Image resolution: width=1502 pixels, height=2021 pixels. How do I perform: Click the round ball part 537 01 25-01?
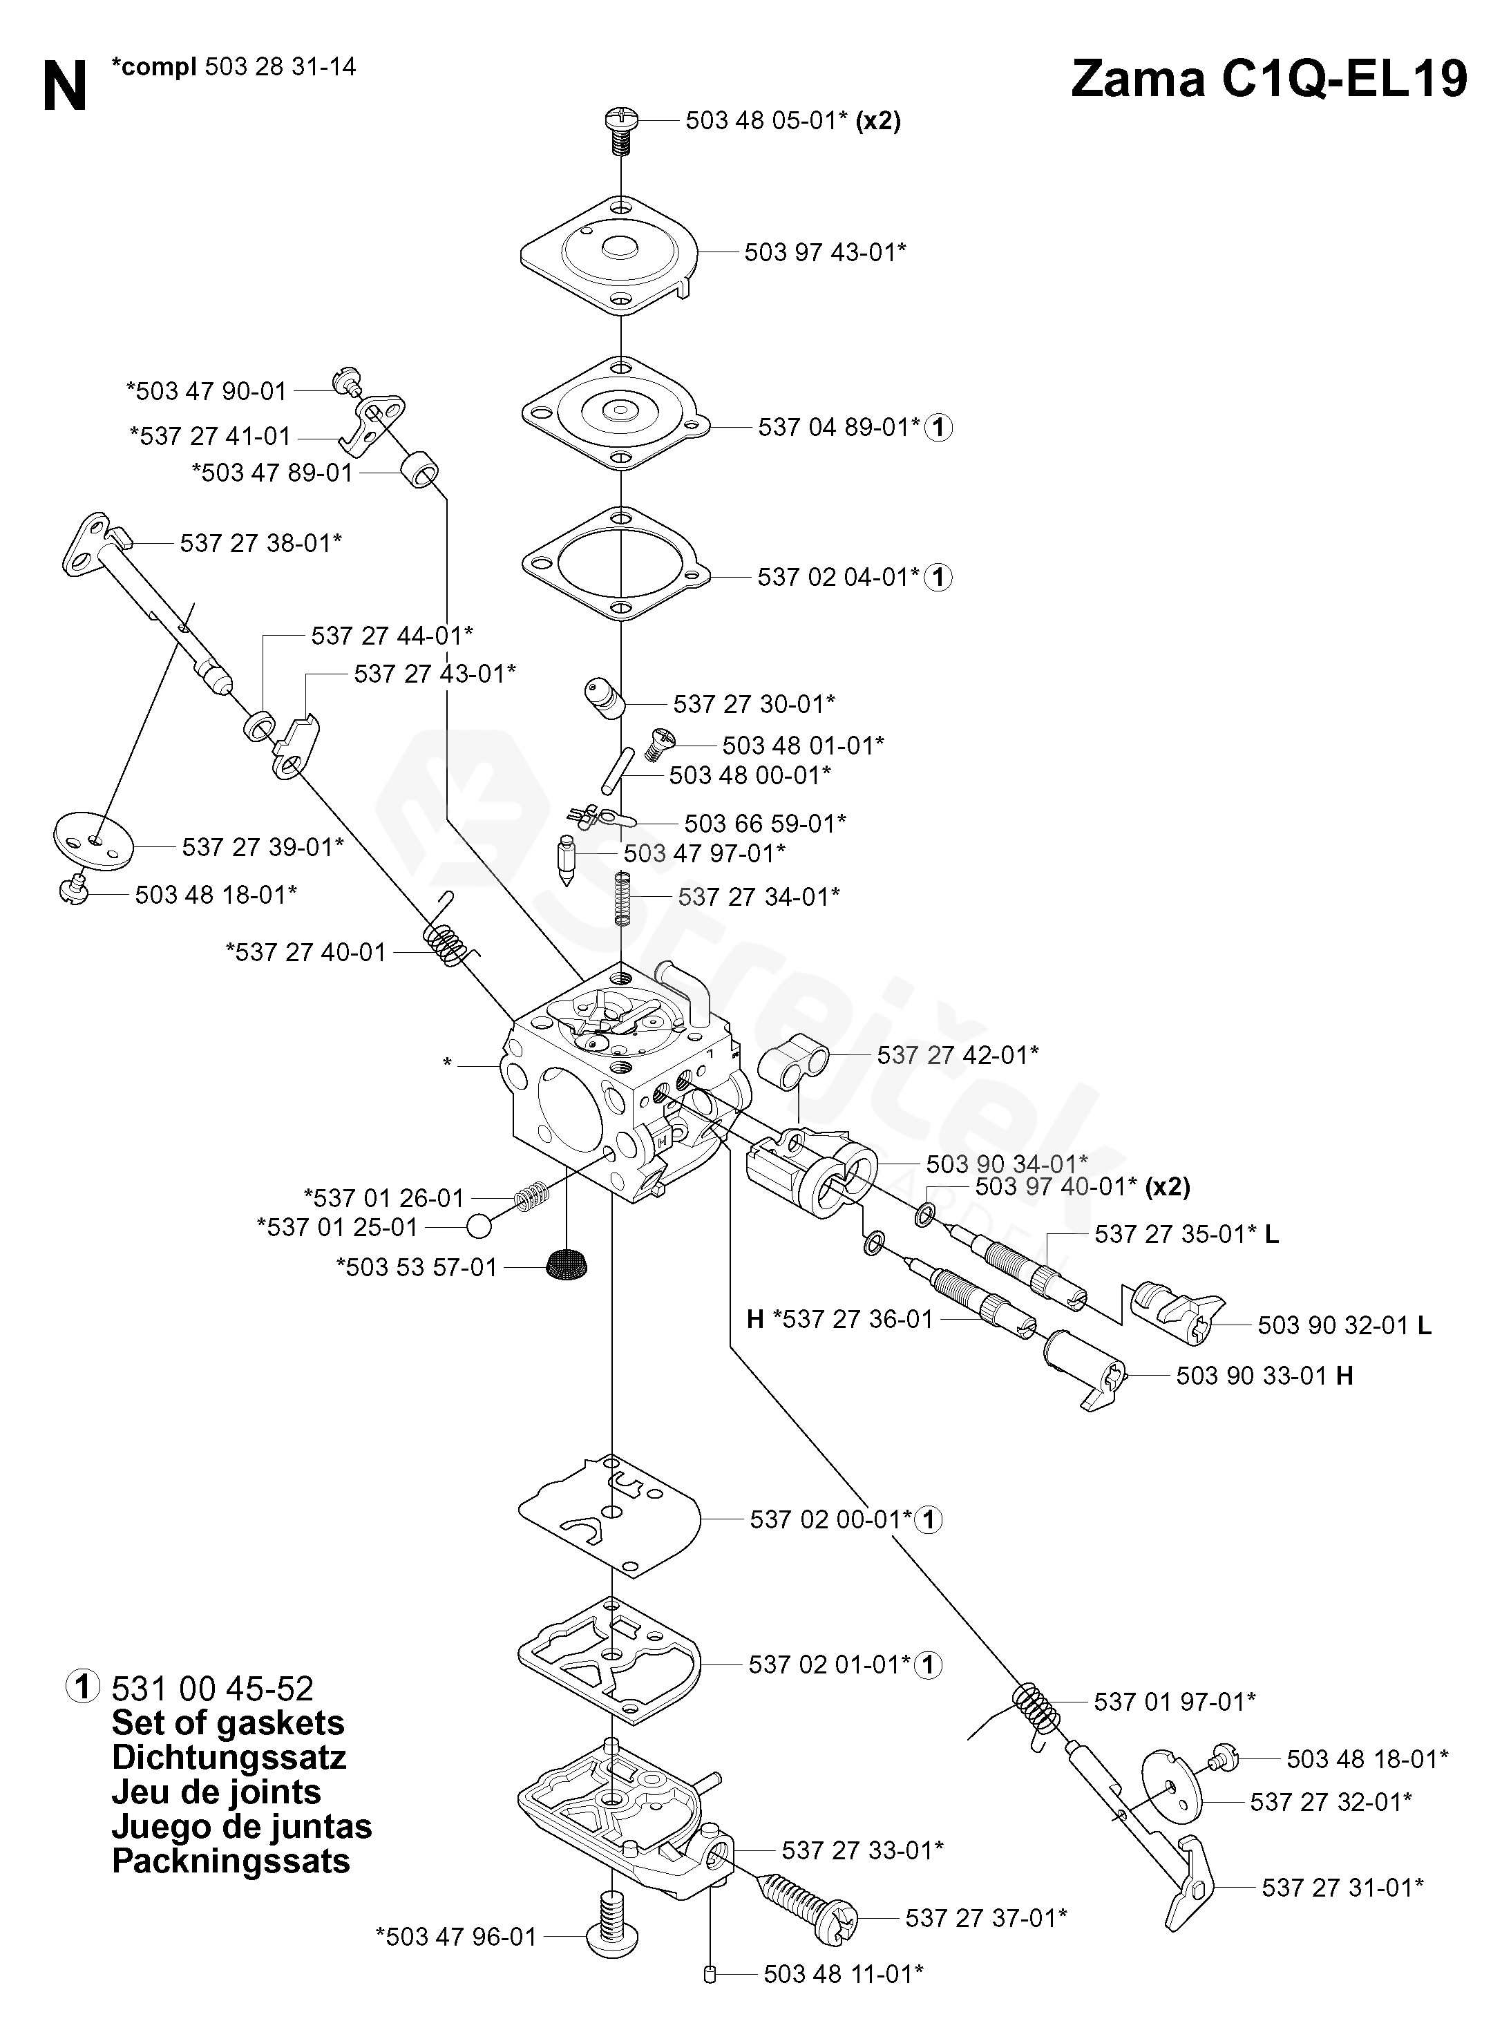pyautogui.click(x=479, y=1226)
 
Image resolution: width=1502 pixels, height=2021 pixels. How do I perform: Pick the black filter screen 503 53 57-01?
pyautogui.click(x=567, y=1264)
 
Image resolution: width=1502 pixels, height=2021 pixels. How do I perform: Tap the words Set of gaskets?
pyautogui.click(x=228, y=1723)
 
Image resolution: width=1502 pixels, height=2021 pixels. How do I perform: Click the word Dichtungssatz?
pyautogui.click(x=229, y=1757)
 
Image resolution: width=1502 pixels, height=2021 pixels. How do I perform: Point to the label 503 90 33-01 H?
pyautogui.click(x=1265, y=1376)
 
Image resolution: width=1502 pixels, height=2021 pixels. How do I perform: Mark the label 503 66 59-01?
pyautogui.click(x=766, y=823)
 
